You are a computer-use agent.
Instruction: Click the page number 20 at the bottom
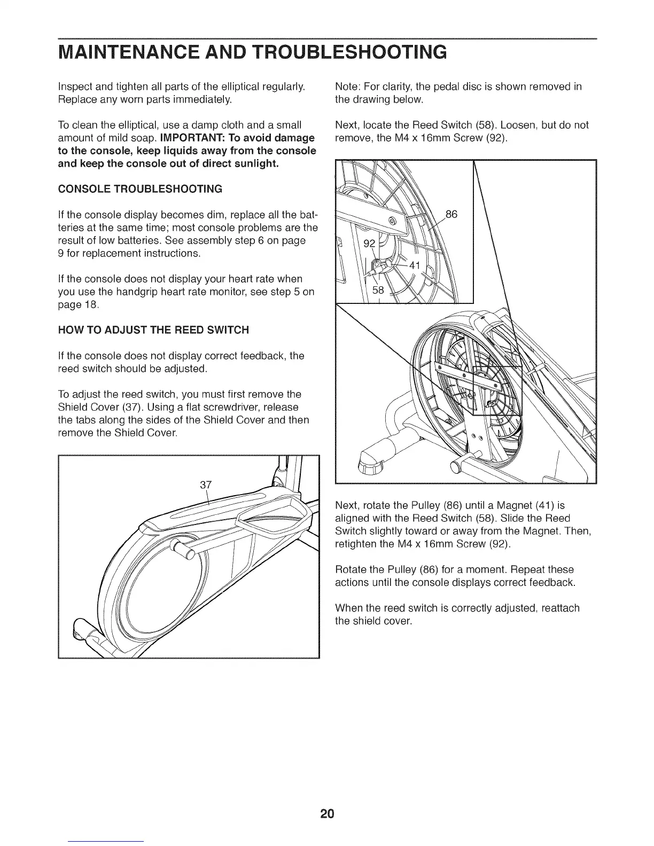point(327,814)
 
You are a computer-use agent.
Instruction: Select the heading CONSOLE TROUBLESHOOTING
point(139,189)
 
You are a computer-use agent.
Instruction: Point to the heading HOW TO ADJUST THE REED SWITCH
point(153,330)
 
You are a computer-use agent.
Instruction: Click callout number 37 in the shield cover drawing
point(206,485)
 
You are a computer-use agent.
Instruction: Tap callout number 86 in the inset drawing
point(451,215)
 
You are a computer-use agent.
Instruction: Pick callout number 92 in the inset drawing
point(369,244)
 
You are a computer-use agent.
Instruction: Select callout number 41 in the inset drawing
point(415,265)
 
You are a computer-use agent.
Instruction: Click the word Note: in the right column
point(346,87)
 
